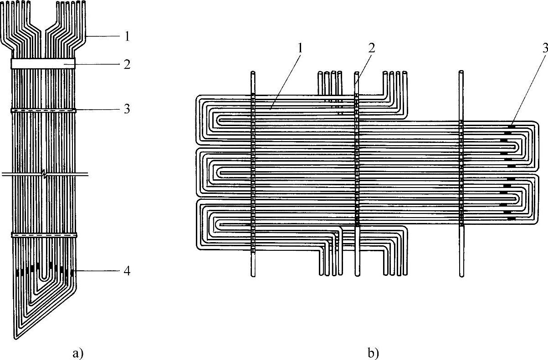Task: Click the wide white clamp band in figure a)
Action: pos(43,63)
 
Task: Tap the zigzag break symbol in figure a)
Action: pos(44,174)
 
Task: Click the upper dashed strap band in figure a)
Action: pos(43,110)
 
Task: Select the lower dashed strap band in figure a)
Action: pos(43,235)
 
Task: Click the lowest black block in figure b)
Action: pos(510,218)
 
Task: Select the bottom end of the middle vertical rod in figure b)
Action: pos(357,274)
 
